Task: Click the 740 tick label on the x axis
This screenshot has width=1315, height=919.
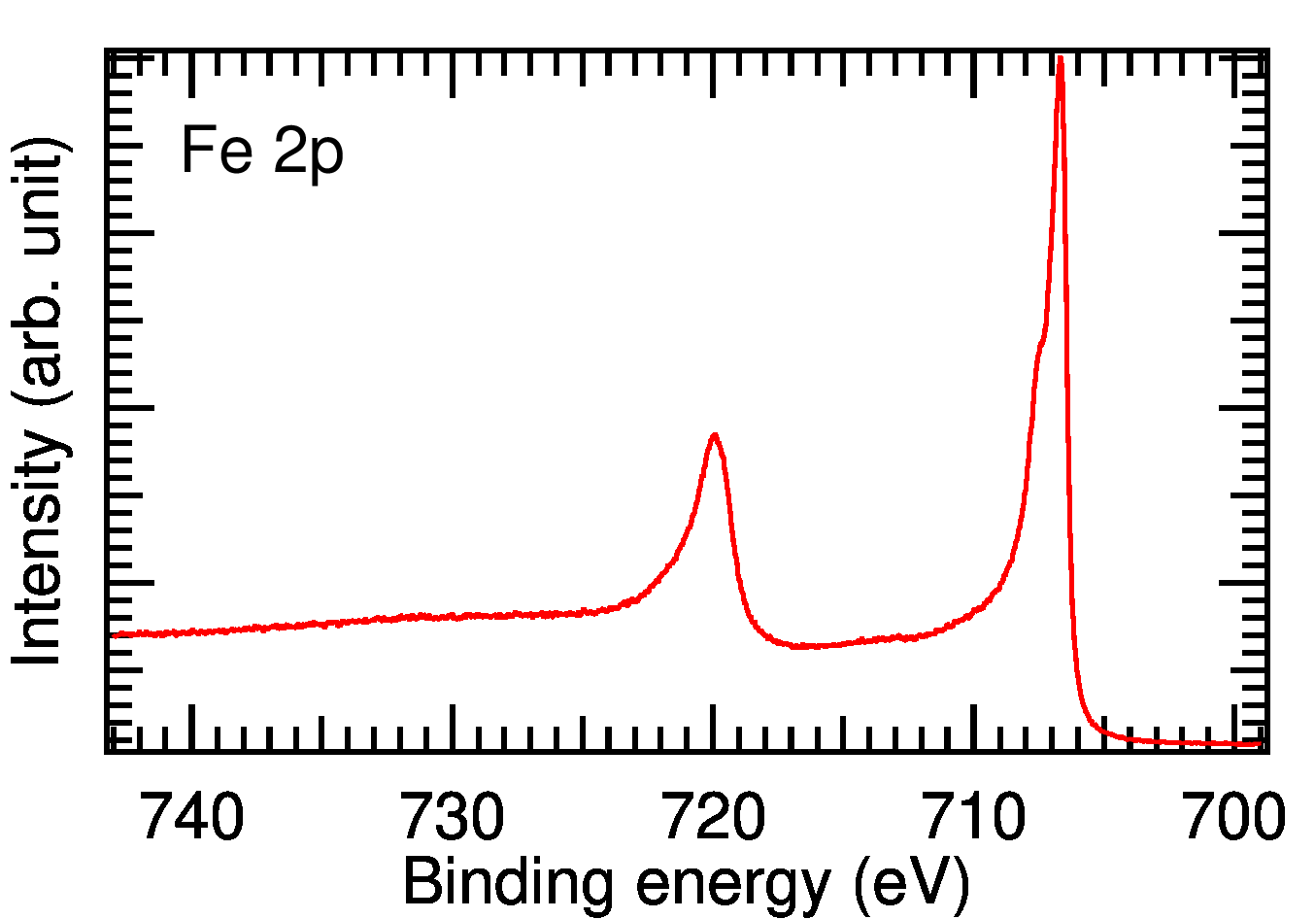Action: (192, 817)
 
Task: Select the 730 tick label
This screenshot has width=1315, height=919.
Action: (452, 817)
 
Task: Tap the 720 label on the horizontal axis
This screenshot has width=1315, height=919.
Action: (713, 817)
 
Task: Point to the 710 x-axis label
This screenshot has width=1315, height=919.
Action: (974, 817)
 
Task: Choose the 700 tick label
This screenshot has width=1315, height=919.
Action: (1234, 817)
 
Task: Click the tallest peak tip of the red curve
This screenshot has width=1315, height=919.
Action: (1061, 57)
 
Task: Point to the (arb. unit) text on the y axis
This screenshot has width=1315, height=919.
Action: (41, 271)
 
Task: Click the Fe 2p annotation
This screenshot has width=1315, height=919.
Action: (262, 153)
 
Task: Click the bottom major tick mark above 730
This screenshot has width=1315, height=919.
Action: (452, 729)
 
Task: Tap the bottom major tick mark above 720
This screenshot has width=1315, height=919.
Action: (713, 729)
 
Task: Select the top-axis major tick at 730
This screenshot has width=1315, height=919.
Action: (452, 74)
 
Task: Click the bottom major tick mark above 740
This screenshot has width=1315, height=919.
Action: (192, 729)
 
